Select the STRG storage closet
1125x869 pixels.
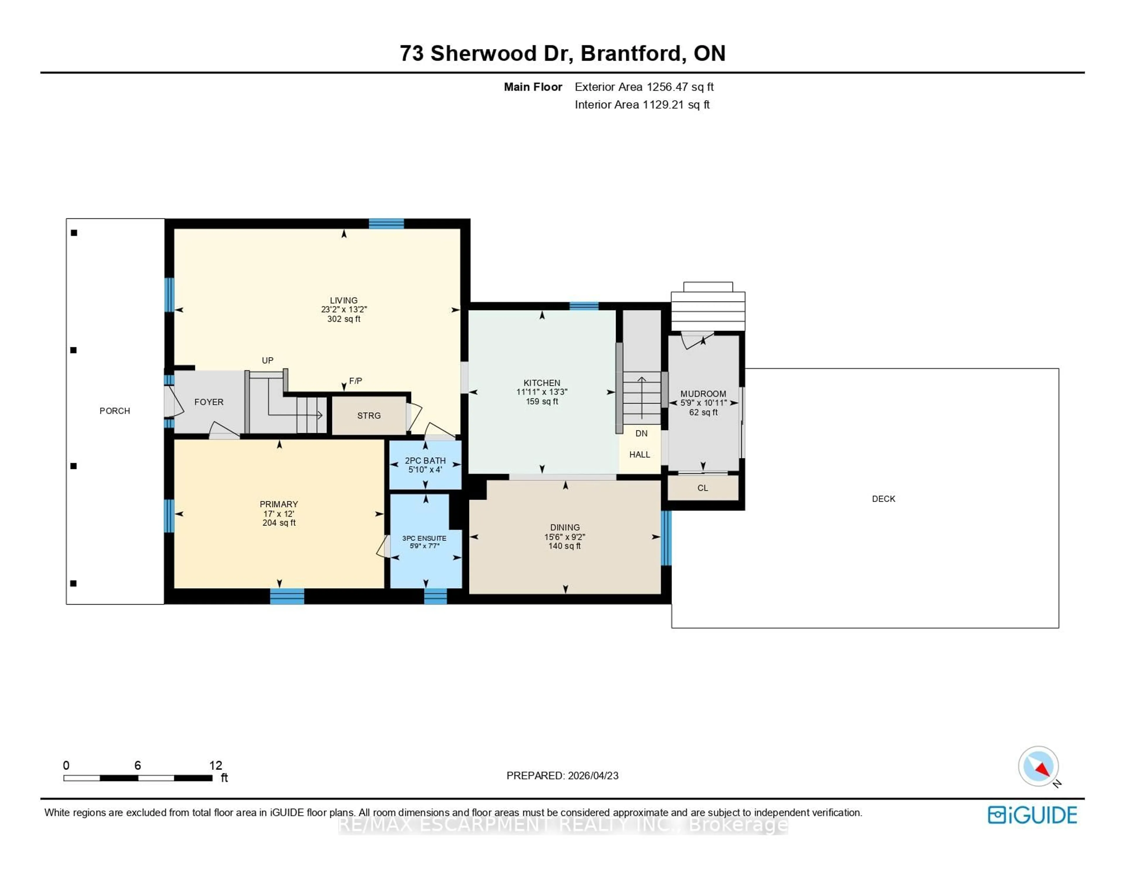(x=369, y=416)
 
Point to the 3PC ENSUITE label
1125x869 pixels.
(x=424, y=538)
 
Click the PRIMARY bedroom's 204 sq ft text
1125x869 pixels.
(x=279, y=523)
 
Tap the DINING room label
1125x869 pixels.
(x=565, y=527)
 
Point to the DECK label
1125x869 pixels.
(x=883, y=498)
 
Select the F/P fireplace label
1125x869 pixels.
(x=355, y=381)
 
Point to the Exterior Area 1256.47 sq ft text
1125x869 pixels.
(x=644, y=87)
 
